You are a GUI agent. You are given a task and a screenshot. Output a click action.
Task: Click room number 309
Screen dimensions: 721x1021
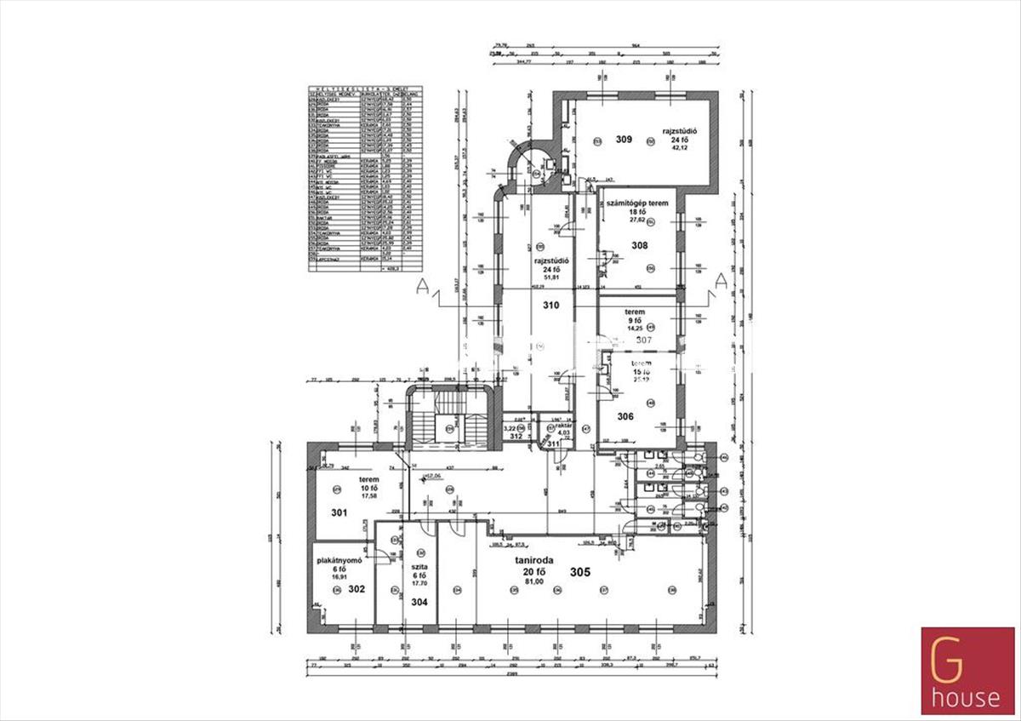click(x=625, y=139)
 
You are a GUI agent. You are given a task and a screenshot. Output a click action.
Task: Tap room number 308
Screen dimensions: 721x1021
click(x=640, y=246)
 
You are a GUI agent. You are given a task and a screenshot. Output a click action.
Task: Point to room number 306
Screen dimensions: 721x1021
click(x=625, y=416)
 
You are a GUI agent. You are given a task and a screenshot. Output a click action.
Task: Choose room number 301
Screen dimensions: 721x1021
click(x=340, y=513)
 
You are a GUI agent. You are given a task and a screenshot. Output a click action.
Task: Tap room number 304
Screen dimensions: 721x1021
click(x=419, y=602)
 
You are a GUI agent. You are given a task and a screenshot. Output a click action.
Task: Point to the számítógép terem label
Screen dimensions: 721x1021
click(x=636, y=203)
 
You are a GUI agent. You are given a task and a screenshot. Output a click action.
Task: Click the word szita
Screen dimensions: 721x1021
click(x=419, y=566)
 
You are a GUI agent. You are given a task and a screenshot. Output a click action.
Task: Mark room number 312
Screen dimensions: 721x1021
click(x=515, y=436)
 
